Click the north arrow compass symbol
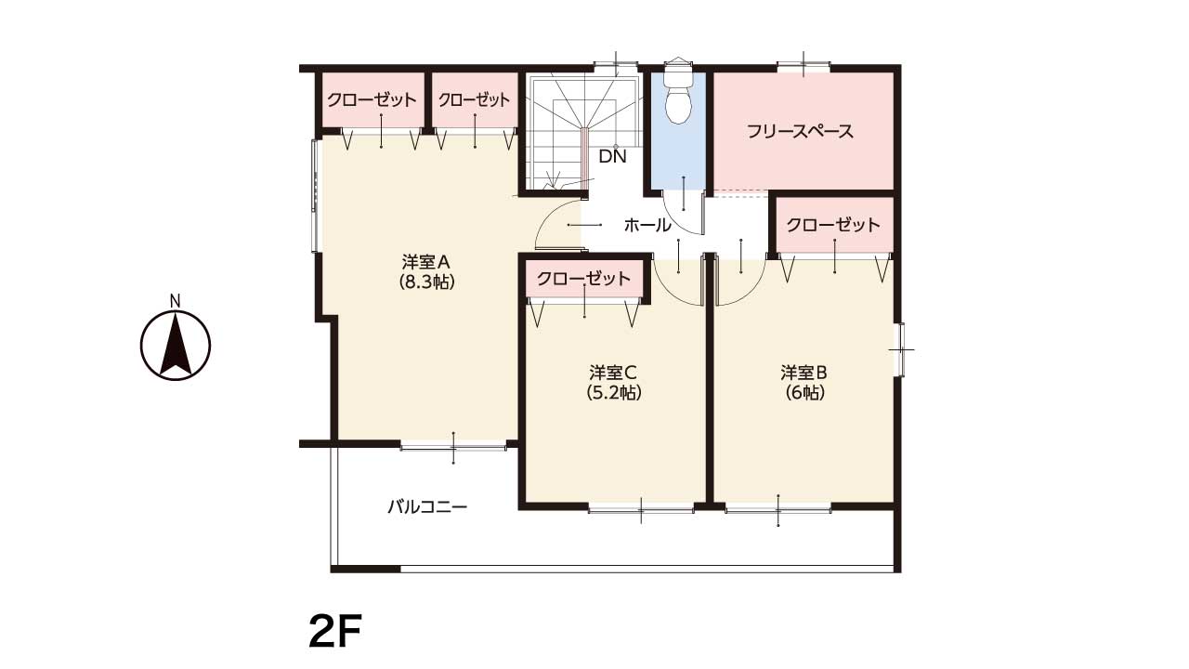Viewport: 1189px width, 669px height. coord(176,345)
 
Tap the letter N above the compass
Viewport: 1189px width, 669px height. coord(176,301)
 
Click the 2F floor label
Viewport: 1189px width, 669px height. coord(335,631)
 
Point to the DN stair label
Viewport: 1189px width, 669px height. coord(612,156)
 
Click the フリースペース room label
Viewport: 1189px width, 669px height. coord(800,131)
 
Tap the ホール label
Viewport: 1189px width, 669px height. coord(647,225)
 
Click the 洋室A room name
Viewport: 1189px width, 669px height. coord(426,262)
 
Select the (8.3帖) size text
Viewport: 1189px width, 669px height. coord(426,282)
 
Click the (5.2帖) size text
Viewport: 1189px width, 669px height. coord(614,392)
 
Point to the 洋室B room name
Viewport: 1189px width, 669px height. coord(804,373)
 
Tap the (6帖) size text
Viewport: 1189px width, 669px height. coord(804,392)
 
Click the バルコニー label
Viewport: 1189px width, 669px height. coord(427,507)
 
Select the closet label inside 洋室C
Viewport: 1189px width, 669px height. coord(584,278)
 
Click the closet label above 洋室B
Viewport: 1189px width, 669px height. coord(833,225)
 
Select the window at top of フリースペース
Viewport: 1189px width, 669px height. coord(804,67)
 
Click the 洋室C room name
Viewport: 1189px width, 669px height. coord(612,373)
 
